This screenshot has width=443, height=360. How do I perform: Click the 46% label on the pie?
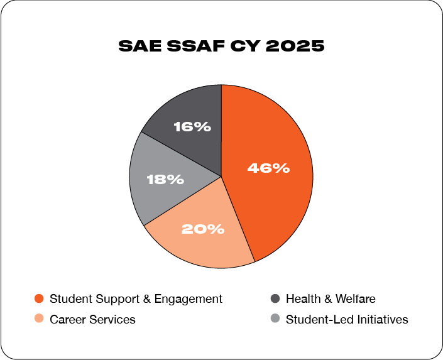tap(268, 168)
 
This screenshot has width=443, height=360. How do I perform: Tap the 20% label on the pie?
tap(203, 229)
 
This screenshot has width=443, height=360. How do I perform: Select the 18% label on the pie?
tap(165, 180)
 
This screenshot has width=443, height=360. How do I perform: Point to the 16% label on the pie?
tap(192, 127)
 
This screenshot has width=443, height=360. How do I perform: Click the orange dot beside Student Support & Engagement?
tap(39, 299)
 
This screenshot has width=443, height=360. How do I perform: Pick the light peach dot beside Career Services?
tap(39, 319)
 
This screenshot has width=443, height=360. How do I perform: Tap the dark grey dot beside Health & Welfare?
tap(275, 299)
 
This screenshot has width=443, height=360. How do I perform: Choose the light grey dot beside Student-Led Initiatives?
tap(275, 319)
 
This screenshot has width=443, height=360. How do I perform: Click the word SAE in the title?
tap(138, 46)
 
